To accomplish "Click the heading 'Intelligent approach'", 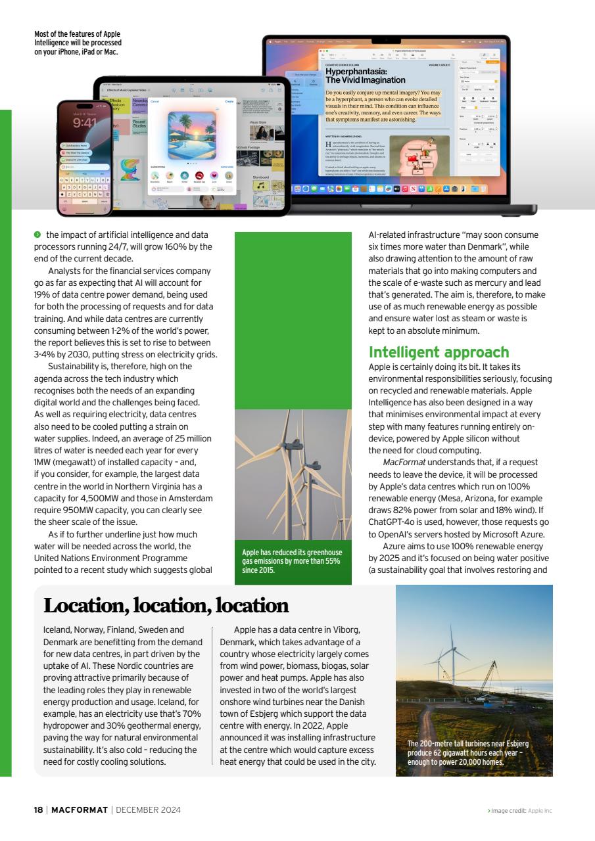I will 439,352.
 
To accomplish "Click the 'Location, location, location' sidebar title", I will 166,605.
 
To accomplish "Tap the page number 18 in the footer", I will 38,809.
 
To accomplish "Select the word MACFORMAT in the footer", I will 80,809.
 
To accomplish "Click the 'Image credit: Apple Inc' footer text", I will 521,810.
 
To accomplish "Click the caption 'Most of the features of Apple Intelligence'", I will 78,43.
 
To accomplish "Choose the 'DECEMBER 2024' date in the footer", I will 148,809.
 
